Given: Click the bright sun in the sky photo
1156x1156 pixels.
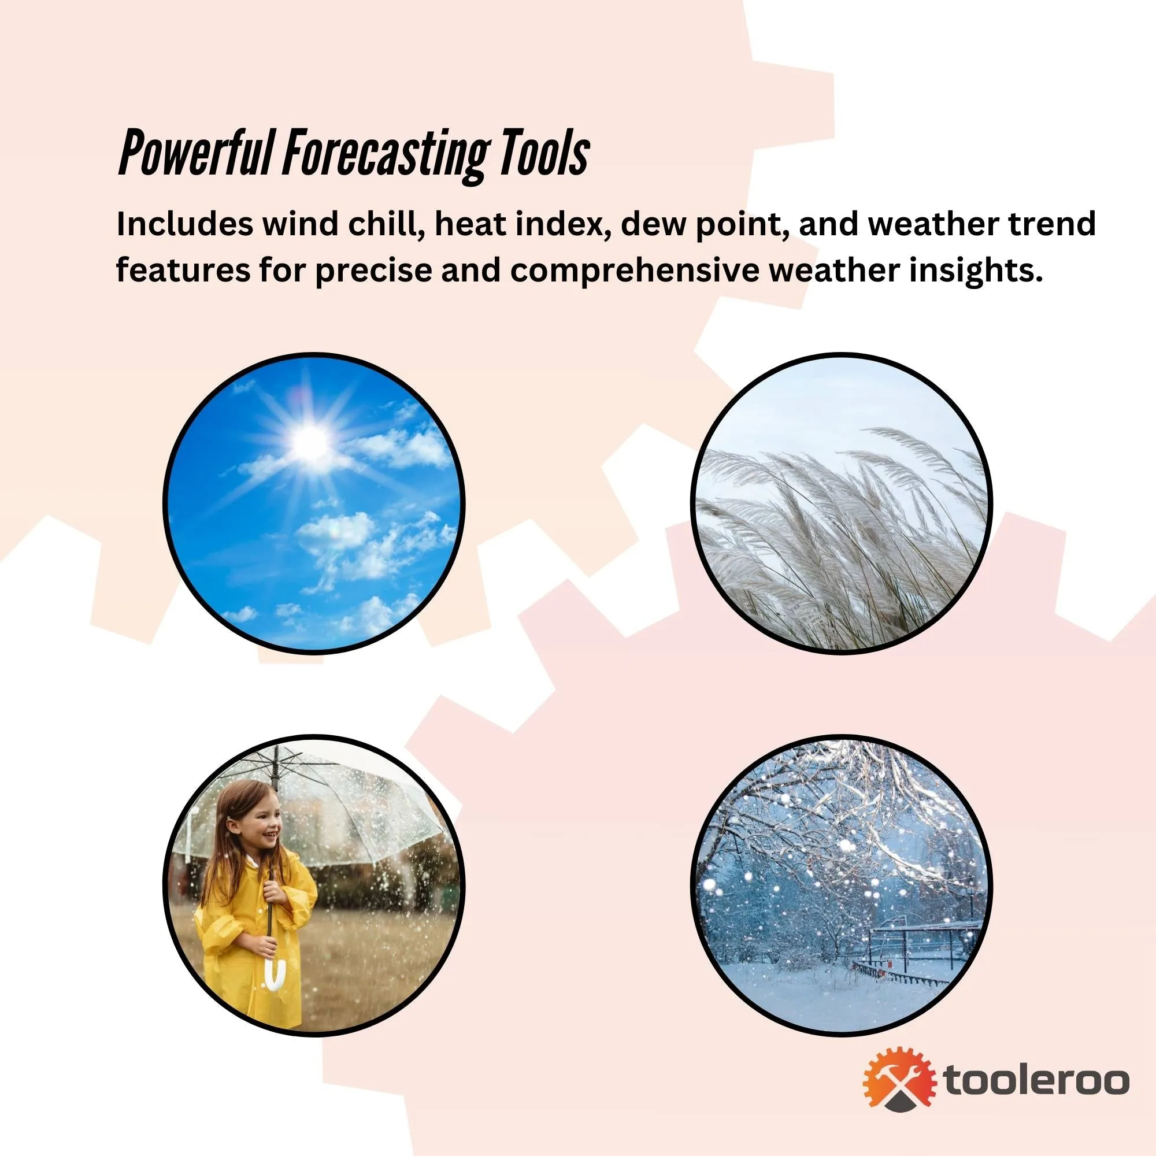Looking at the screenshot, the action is pyautogui.click(x=310, y=442).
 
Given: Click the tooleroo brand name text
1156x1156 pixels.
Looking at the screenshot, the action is pyautogui.click(x=1036, y=1081).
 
